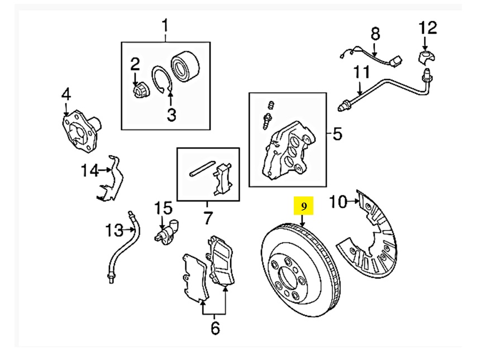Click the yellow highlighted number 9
pos(304,207)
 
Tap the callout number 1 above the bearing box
pos(165,26)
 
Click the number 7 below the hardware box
pos(208,216)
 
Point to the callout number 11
pos(362,73)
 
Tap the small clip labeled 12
pos(427,56)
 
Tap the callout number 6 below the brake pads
pos(215,329)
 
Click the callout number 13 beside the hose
pos(113,229)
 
